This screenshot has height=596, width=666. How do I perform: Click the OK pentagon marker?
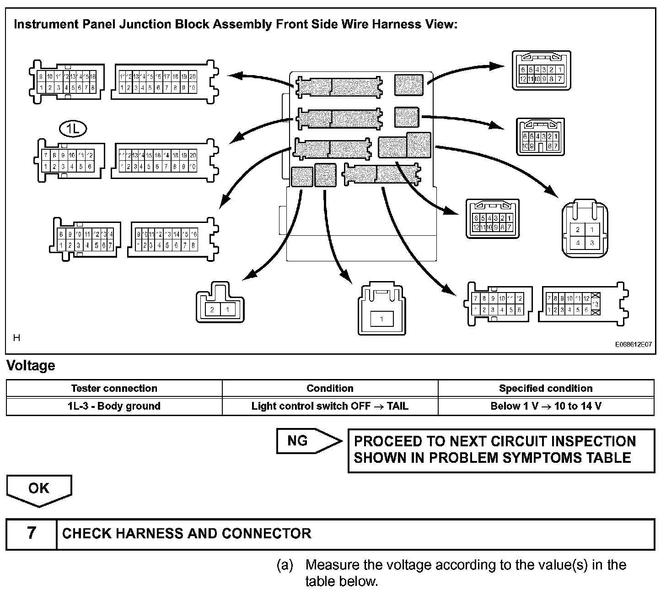[39, 489]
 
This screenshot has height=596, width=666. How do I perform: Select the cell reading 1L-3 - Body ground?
[114, 406]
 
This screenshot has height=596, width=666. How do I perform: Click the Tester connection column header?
[114, 388]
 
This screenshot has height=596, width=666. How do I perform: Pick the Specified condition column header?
[546, 388]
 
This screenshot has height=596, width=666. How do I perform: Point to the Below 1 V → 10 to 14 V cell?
[546, 406]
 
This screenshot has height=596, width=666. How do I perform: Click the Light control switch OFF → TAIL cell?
[330, 406]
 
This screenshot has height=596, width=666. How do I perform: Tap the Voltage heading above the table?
[31, 365]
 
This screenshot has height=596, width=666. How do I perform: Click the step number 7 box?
[31, 533]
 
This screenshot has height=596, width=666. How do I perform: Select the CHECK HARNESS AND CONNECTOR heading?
[187, 533]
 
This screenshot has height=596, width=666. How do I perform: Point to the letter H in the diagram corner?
[16, 338]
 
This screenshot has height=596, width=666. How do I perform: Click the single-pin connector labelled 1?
[382, 319]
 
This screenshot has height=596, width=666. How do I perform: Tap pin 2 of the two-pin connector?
[212, 310]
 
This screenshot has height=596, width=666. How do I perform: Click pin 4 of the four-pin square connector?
[578, 243]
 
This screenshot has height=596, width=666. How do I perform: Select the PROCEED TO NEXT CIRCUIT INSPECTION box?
[501, 450]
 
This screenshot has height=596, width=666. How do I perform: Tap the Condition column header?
[330, 388]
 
